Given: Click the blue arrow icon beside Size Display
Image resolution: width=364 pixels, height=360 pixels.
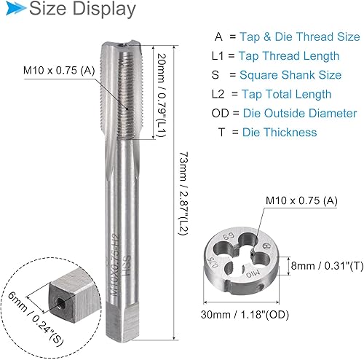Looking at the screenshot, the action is (x=15, y=9).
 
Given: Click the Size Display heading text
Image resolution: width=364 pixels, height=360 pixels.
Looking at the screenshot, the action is (x=82, y=9).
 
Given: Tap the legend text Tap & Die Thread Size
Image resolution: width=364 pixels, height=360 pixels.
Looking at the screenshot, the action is (x=300, y=37).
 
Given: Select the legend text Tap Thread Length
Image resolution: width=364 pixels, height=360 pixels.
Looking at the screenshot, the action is (x=289, y=56).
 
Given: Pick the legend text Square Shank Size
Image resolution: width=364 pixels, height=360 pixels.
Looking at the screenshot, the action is (x=290, y=75).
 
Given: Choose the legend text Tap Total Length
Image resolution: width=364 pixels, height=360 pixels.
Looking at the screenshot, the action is (x=286, y=94).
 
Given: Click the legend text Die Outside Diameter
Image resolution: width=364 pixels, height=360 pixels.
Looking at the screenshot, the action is (x=300, y=114).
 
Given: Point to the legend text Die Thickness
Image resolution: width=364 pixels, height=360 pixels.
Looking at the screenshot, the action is (x=280, y=133).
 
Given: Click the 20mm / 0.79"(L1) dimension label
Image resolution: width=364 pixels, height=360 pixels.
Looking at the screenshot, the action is (x=161, y=95).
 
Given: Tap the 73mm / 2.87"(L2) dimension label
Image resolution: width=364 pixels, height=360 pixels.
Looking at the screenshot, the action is (x=183, y=194).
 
